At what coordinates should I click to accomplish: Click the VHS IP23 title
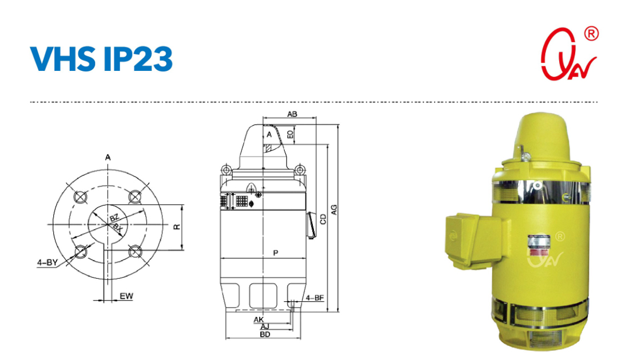pyautogui.click(x=101, y=58)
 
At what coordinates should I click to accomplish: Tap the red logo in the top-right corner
pyautogui.click(x=567, y=54)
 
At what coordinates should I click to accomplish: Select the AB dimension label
pyautogui.click(x=292, y=114)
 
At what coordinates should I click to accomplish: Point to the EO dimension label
pyautogui.click(x=290, y=134)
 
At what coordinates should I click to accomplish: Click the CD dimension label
pyautogui.click(x=323, y=219)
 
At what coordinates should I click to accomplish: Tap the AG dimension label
pyautogui.click(x=334, y=210)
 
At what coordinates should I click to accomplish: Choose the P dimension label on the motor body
pyautogui.click(x=276, y=253)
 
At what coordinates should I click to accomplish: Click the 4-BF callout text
pyautogui.click(x=314, y=298)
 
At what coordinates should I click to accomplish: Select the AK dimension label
pyautogui.click(x=258, y=319)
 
